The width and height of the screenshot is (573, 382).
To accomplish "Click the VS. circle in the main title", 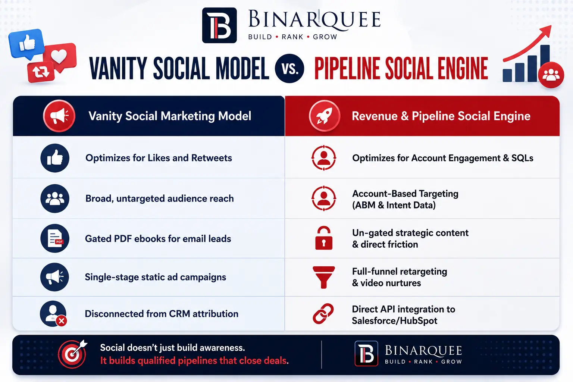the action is [289, 68].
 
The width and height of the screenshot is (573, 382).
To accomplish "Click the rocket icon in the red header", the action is [325, 116].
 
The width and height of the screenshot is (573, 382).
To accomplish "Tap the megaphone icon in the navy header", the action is [59, 116].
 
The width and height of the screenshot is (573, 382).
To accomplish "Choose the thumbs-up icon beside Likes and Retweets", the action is [55, 158].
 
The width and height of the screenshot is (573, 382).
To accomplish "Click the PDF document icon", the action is [55, 238].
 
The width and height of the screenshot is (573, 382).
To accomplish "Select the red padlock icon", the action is [323, 238].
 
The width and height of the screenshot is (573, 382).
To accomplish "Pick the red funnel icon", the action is [323, 277].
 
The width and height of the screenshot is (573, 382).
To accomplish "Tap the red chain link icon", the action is [323, 314].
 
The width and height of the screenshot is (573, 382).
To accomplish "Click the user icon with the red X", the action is [53, 314].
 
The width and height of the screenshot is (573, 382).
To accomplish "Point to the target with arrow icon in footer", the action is [72, 354].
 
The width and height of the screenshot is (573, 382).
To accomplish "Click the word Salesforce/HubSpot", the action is [394, 320].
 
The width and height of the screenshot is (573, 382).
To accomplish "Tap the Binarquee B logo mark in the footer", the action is [366, 354].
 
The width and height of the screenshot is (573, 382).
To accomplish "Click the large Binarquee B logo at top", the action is [219, 25].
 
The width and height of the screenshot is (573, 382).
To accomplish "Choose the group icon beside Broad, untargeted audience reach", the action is [55, 198].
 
